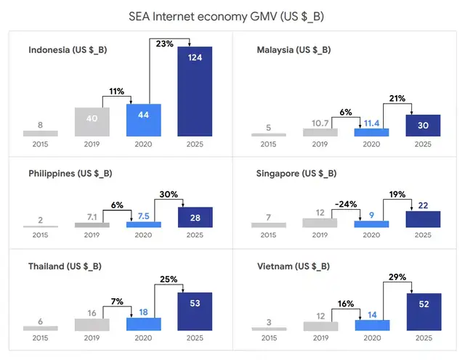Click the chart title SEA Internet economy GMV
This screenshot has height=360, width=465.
click(x=232, y=15)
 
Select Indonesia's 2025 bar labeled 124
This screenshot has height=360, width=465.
click(x=195, y=91)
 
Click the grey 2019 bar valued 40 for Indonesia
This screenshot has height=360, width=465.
click(x=92, y=122)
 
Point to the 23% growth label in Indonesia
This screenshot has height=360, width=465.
click(x=164, y=44)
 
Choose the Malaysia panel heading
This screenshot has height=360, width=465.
click(x=294, y=50)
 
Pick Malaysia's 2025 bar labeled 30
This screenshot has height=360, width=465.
click(x=423, y=125)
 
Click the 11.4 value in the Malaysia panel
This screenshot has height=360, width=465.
click(x=371, y=123)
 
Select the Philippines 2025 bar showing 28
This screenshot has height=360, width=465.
click(x=195, y=218)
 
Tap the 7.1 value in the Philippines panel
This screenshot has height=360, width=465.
click(x=92, y=217)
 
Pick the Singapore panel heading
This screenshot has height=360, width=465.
click(x=296, y=173)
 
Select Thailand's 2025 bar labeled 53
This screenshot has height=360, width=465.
click(x=195, y=311)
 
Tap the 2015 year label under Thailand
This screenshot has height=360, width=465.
click(x=40, y=338)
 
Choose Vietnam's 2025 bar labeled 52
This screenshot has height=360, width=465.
click(x=423, y=311)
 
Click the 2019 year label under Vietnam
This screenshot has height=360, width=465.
click(x=320, y=338)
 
